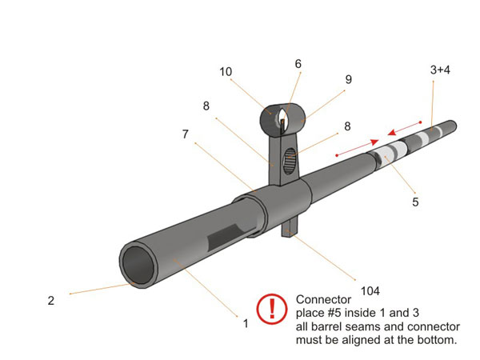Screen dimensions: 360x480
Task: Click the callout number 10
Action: (x=226, y=71)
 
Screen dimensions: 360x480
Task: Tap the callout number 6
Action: (x=298, y=63)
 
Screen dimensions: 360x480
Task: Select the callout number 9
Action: (x=348, y=79)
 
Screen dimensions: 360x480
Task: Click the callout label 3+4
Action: (x=440, y=70)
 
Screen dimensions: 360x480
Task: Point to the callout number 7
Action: (x=186, y=134)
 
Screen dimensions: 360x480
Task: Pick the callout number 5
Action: (x=415, y=202)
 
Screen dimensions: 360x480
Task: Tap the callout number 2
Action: (x=50, y=301)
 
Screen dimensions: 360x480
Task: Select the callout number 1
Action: (x=245, y=323)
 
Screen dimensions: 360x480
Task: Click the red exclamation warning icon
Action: (x=272, y=309)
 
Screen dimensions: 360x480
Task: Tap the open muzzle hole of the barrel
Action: (x=140, y=266)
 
